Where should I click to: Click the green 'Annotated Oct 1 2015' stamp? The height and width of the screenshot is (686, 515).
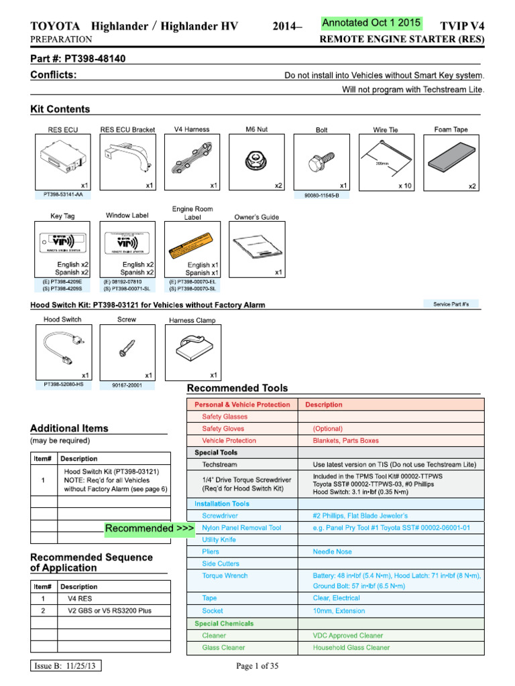[371, 23]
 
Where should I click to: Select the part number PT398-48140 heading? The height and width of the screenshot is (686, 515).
[78, 59]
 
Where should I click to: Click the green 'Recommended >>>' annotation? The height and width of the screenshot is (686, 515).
[150, 529]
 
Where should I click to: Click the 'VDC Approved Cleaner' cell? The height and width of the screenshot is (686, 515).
[348, 635]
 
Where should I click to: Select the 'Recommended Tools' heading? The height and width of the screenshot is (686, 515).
[237, 388]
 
